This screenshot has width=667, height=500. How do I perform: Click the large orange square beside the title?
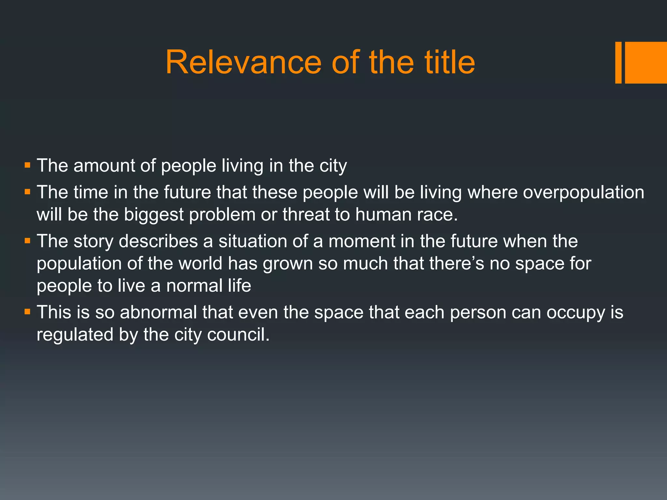(x=646, y=62)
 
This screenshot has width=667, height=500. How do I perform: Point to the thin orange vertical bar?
(x=618, y=62)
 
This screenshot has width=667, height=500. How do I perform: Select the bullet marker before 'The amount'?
(x=27, y=165)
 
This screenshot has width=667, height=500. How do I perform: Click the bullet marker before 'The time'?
(x=27, y=192)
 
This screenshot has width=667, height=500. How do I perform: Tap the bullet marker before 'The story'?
(x=27, y=241)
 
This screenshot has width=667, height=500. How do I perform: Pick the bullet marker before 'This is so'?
(x=27, y=312)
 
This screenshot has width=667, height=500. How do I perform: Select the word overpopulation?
(x=583, y=192)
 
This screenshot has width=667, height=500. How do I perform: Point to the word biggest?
(x=154, y=215)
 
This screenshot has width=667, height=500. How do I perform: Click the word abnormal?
(x=158, y=312)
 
